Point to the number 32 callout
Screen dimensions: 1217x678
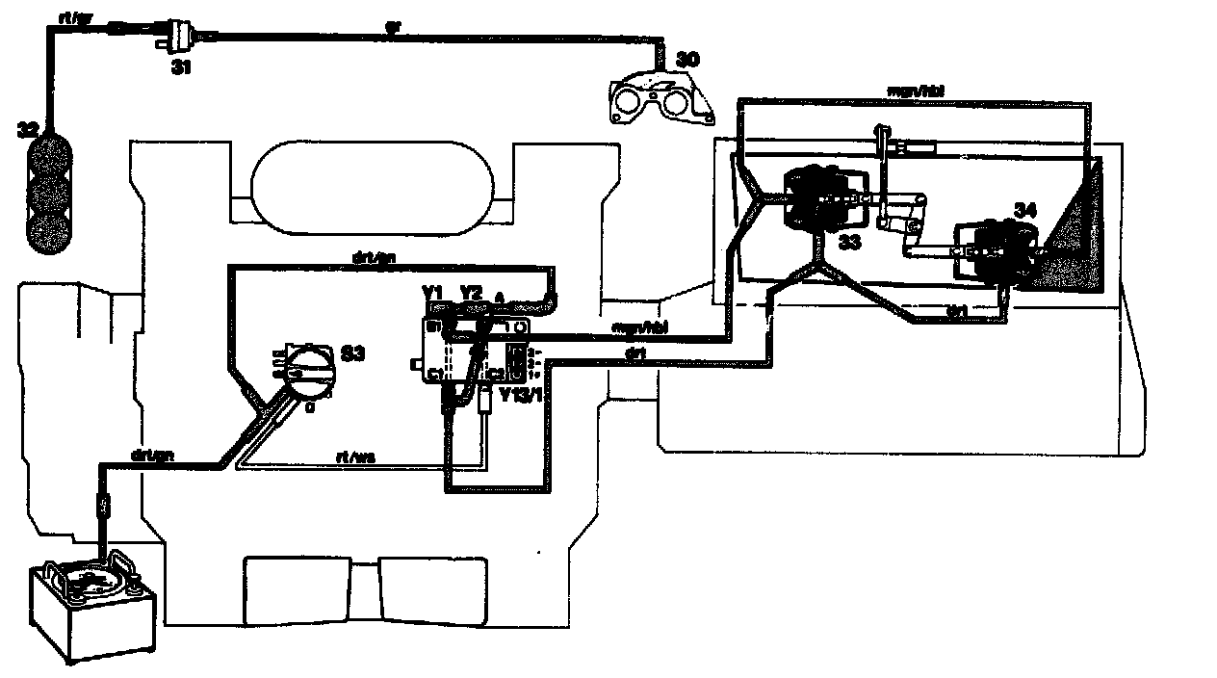[x=29, y=129]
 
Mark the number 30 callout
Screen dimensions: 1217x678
[x=686, y=60]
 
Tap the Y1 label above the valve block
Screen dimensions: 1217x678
[x=432, y=291]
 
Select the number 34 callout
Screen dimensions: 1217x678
[x=1025, y=209]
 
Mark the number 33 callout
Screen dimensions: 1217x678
[x=849, y=242]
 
